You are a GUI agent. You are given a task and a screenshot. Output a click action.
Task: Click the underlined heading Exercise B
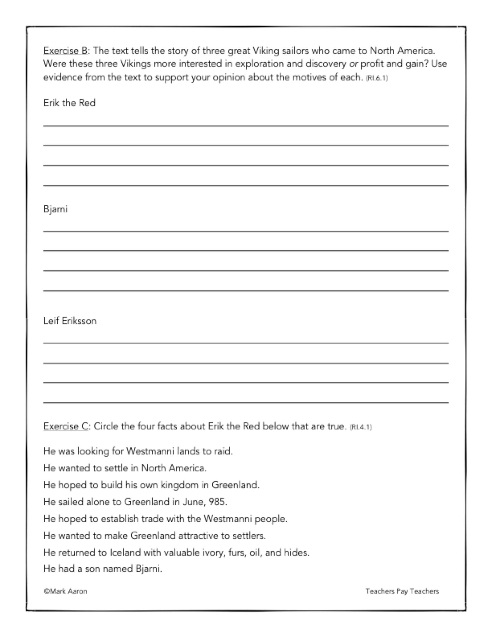tap(66, 51)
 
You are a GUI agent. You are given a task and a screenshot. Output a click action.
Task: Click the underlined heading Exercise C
tap(66, 426)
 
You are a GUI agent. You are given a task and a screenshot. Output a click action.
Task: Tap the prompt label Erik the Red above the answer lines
tap(69, 103)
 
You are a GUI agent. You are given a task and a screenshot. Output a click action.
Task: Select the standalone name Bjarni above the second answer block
tap(55, 209)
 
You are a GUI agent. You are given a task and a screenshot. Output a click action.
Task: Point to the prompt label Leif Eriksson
tap(70, 321)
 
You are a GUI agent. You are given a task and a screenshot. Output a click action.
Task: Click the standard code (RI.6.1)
tap(377, 78)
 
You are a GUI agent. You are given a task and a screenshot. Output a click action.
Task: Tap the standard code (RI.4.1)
tap(361, 427)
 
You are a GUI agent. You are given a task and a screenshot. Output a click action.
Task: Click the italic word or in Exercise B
tap(353, 64)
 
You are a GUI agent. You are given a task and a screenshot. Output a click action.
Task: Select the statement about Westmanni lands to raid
tap(138, 451)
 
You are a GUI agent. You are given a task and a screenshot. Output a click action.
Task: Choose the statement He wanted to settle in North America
tap(125, 468)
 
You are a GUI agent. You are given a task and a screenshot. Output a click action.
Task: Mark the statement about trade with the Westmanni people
tap(165, 519)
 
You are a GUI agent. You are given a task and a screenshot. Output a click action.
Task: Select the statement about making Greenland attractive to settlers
tap(155, 535)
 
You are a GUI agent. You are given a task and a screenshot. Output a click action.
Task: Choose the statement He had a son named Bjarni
tap(103, 569)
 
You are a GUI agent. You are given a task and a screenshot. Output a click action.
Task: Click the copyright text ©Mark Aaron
tap(66, 591)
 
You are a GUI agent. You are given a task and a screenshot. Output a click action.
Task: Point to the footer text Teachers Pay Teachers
tap(402, 591)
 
